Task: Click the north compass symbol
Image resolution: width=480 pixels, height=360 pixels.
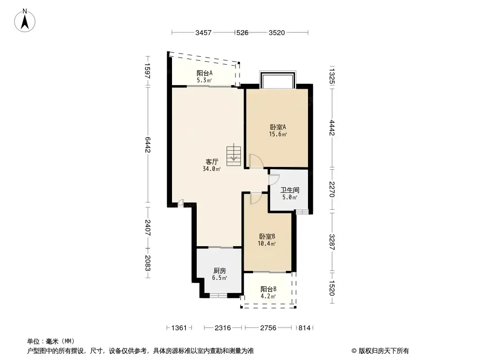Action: [25, 20]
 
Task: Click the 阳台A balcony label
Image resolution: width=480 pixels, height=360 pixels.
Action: [204, 73]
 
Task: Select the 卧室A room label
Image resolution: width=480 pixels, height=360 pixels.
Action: [278, 127]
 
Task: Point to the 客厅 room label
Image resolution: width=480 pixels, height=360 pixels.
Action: [212, 162]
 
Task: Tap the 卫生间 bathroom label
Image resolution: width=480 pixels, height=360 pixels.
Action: [290, 190]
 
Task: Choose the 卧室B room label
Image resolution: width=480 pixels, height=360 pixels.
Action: [267, 236]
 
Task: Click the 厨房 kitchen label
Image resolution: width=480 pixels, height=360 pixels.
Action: [219, 271]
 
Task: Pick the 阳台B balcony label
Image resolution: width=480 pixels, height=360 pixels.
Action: [268, 289]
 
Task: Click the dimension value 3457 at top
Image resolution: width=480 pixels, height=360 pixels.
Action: [203, 33]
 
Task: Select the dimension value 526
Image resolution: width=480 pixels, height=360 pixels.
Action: [242, 33]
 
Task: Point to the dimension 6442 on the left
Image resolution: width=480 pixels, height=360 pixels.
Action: [148, 144]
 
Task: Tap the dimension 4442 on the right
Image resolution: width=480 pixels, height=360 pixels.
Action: [332, 128]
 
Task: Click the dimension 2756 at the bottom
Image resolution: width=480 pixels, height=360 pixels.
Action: [268, 328]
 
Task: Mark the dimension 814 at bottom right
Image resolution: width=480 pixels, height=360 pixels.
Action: [304, 328]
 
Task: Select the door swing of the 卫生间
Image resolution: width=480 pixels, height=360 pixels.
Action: [274, 180]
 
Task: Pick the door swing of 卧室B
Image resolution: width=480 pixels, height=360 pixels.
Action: [256, 198]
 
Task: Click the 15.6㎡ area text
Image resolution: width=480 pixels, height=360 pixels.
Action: [278, 134]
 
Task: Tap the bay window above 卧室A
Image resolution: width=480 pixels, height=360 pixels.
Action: [278, 80]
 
